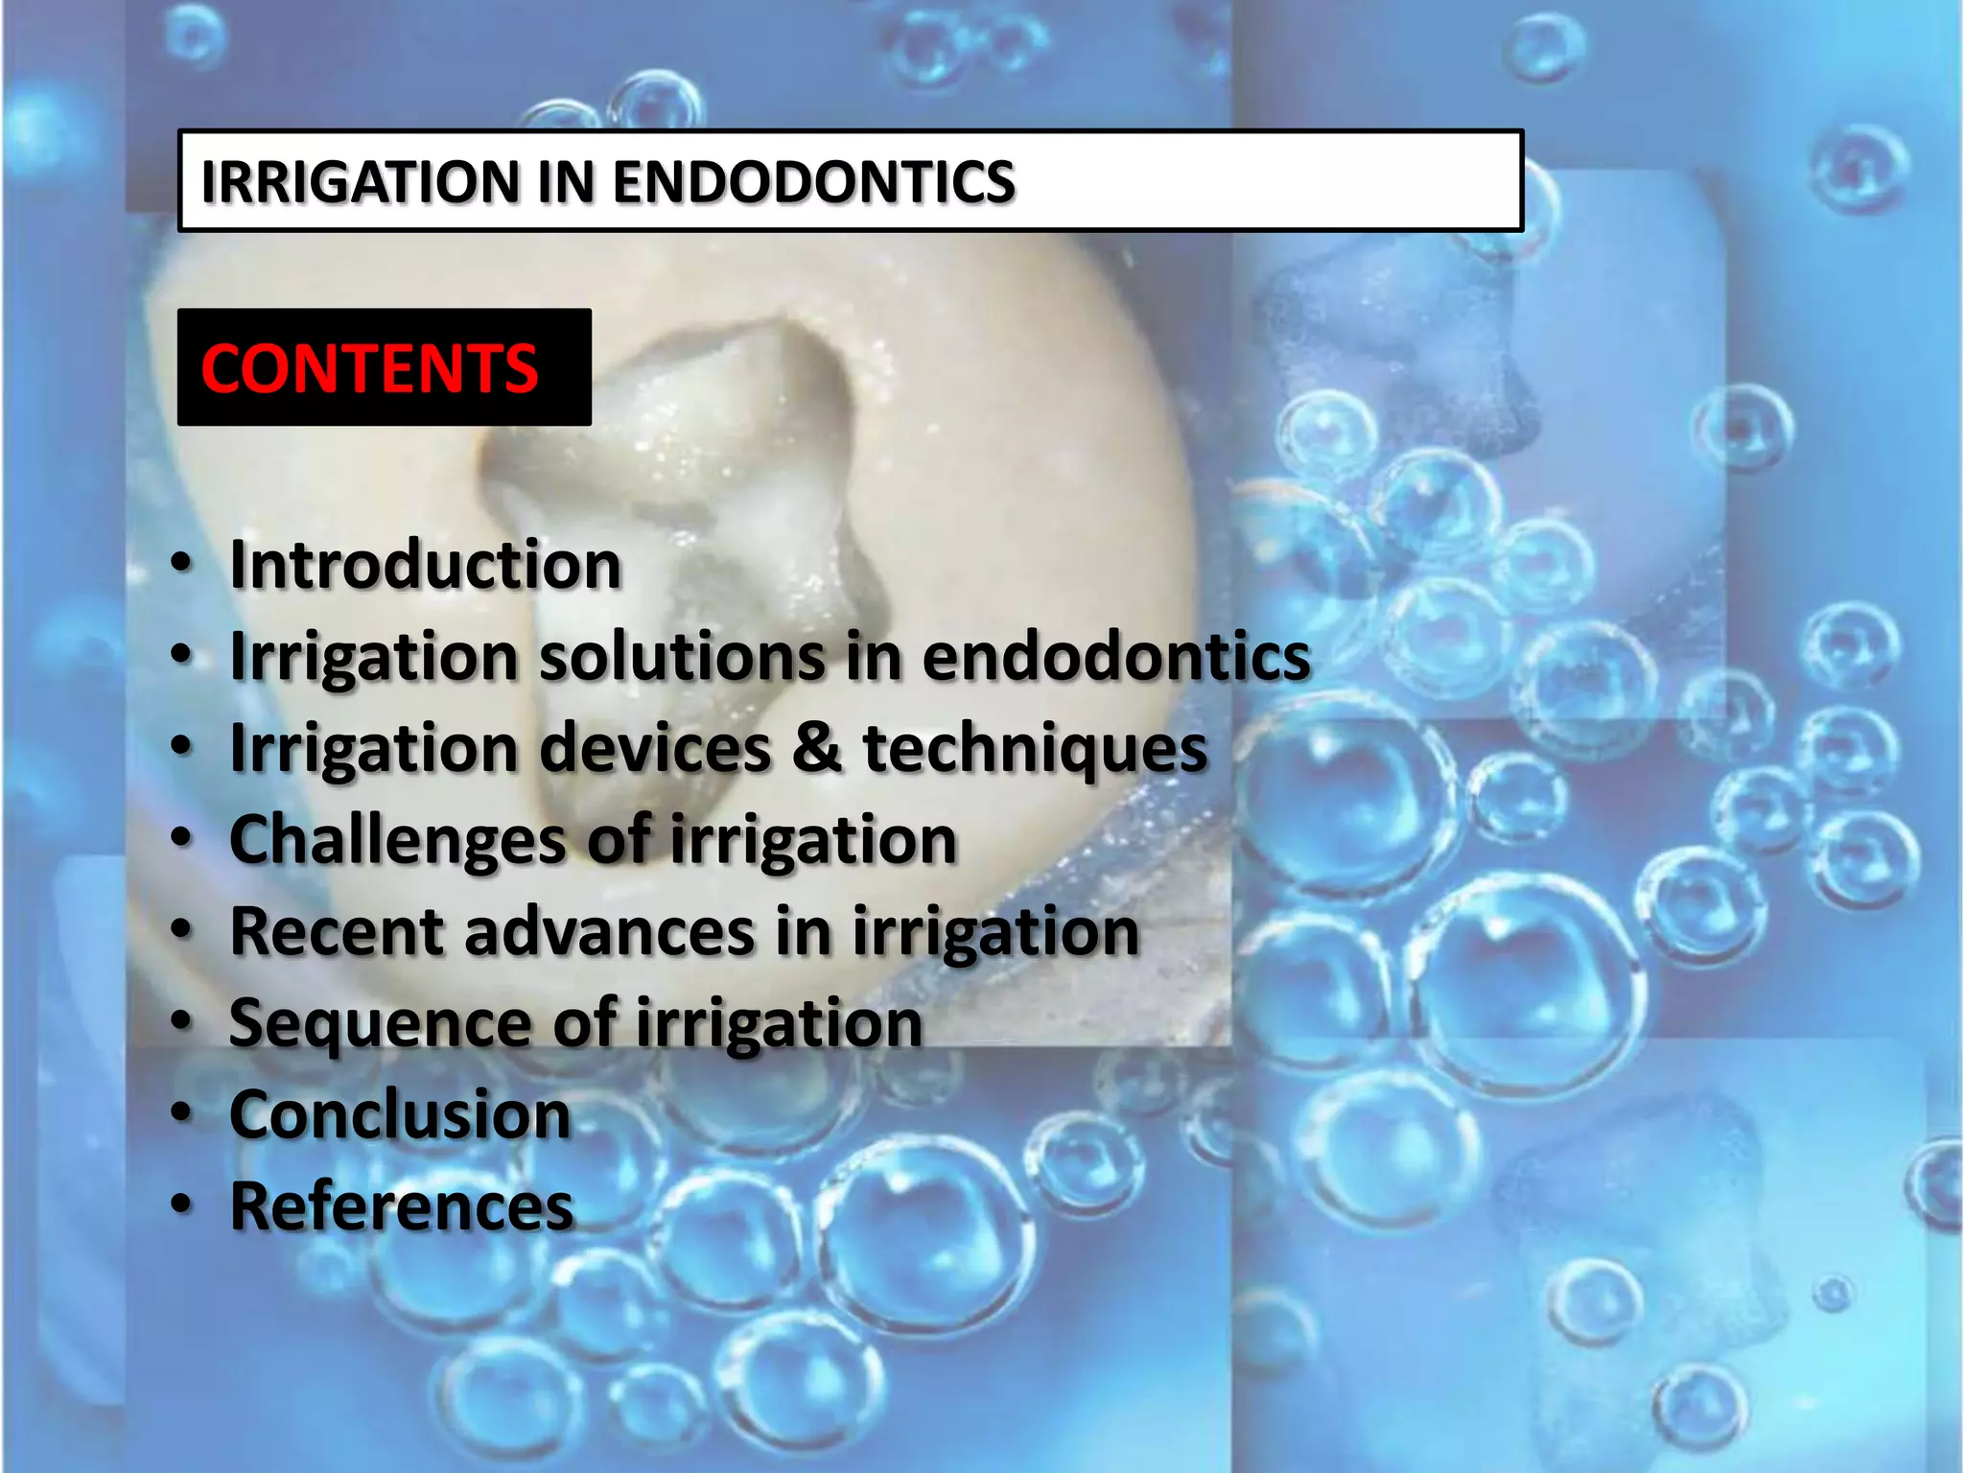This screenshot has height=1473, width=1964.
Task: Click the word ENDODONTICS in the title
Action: pyautogui.click(x=813, y=182)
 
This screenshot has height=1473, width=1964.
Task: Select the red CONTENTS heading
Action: pyautogui.click(x=369, y=368)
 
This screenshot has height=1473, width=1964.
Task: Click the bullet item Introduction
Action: pyautogui.click(x=426, y=565)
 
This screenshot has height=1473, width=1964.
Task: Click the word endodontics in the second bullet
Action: pyautogui.click(x=1115, y=657)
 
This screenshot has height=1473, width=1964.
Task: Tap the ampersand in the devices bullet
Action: pyautogui.click(x=816, y=748)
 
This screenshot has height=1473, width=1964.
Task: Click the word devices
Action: pyautogui.click(x=656, y=748)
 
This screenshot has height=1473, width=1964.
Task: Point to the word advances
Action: pyautogui.click(x=610, y=931)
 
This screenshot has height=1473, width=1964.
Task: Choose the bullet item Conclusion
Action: pyautogui.click(x=401, y=1115)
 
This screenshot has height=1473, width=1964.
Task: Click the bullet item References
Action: pyautogui.click(x=402, y=1206)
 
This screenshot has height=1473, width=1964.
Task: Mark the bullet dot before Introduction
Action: pyautogui.click(x=181, y=565)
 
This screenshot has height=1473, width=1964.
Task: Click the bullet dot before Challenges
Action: pyautogui.click(x=181, y=838)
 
